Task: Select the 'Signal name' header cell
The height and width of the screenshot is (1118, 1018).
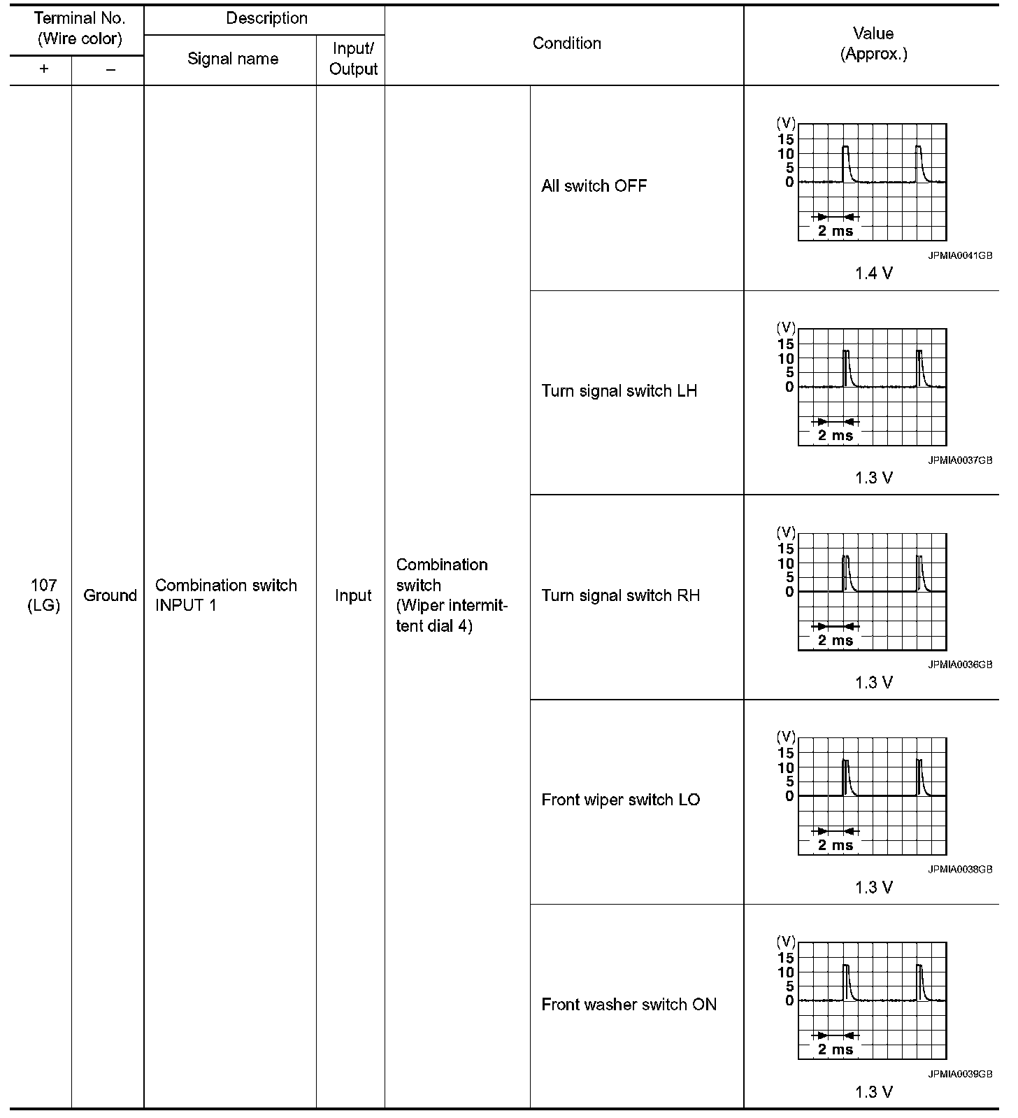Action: (233, 59)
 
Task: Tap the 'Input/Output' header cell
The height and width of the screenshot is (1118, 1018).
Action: (353, 59)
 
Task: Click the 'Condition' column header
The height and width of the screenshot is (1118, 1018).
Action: (566, 43)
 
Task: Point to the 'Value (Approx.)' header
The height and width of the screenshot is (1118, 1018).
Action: (873, 43)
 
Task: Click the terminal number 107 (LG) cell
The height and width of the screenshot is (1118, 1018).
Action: (44, 595)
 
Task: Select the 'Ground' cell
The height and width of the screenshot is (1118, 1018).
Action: (110, 595)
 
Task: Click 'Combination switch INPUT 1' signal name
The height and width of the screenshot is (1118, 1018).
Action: (226, 595)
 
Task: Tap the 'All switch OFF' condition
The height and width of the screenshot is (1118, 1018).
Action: (594, 186)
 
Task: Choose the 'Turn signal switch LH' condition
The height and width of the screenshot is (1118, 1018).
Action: (619, 391)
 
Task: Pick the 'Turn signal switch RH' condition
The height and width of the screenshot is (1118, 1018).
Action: (620, 595)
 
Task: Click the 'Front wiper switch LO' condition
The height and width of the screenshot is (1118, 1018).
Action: (620, 800)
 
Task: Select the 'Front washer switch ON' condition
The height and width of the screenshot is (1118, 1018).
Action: (629, 1005)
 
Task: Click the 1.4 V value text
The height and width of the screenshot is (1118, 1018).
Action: (873, 274)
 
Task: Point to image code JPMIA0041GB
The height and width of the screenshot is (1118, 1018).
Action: (960, 256)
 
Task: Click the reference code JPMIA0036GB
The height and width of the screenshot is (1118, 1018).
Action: (960, 665)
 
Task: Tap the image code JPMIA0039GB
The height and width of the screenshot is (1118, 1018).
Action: (960, 1075)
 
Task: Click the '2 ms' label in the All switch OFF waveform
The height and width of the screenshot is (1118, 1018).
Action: (836, 231)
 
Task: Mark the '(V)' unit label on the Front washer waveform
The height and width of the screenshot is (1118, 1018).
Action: (786, 941)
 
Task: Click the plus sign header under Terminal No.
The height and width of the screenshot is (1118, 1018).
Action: (44, 70)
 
